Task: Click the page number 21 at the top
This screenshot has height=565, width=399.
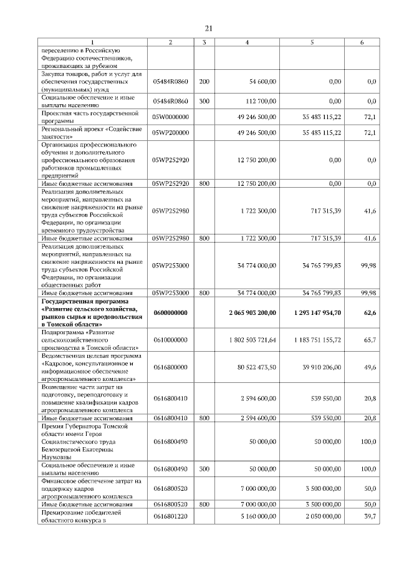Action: pos(209,28)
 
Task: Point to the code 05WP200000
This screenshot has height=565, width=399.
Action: pos(170,133)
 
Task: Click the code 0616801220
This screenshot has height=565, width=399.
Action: pos(170,517)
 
